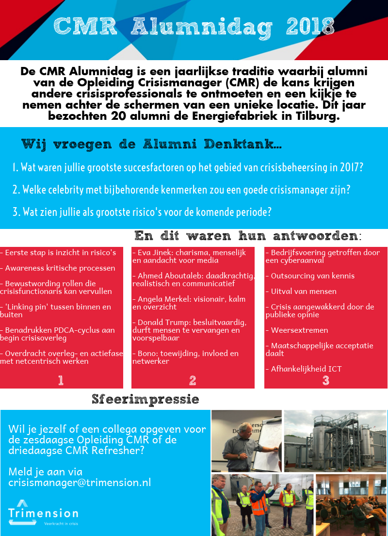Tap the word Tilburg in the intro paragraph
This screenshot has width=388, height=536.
tap(317, 116)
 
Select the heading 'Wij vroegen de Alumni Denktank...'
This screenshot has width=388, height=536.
tap(152, 145)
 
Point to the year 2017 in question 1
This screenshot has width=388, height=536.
tap(349, 168)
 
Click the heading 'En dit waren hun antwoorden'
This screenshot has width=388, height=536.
tap(247, 236)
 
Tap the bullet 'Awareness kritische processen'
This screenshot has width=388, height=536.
tap(60, 268)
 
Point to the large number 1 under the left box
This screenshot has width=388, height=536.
tap(61, 380)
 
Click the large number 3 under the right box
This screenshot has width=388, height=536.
tap(326, 380)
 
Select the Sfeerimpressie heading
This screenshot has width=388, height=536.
tap(145, 399)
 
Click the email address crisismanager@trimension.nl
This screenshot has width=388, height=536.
tap(80, 482)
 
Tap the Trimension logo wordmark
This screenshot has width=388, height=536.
tap(43, 513)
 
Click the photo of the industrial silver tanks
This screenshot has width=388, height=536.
tap(336, 440)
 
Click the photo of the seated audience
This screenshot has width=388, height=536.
tap(351, 504)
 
